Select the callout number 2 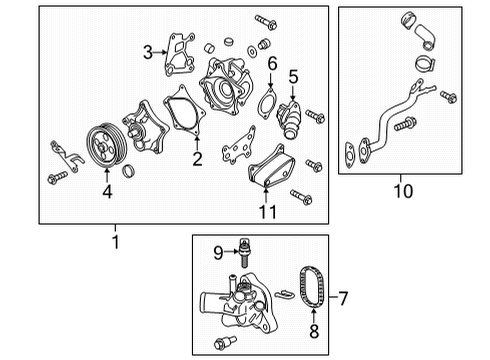(x=197, y=158)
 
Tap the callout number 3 (x=147, y=51)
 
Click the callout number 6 (x=271, y=63)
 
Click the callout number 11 (x=266, y=211)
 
